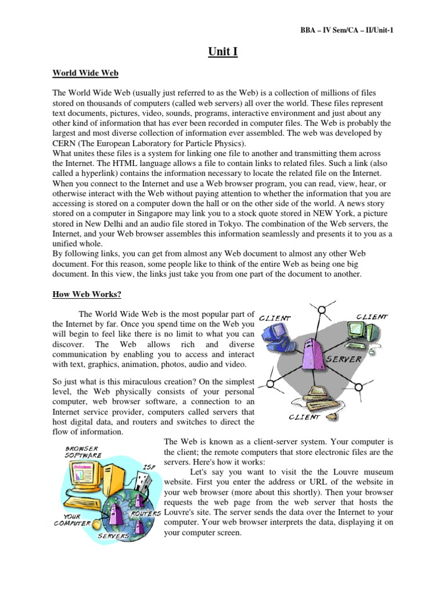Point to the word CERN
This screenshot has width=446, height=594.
[65, 143]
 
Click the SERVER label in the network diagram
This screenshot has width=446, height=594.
[345, 359]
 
